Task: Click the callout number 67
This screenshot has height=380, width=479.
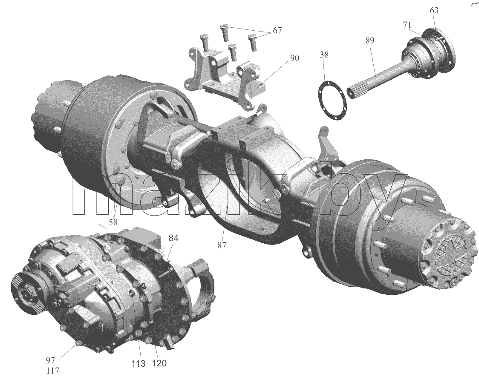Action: [x=277, y=31]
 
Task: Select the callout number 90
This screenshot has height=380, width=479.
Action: [x=294, y=58]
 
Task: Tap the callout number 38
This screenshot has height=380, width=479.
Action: [x=324, y=55]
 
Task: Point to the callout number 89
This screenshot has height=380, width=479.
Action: [x=369, y=40]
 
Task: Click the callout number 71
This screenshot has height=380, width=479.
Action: [x=407, y=25]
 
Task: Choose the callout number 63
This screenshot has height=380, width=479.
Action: [x=434, y=10]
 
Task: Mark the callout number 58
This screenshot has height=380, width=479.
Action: [x=113, y=222]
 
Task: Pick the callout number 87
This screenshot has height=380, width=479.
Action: [x=222, y=245]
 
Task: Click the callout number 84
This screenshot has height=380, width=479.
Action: [x=173, y=238]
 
